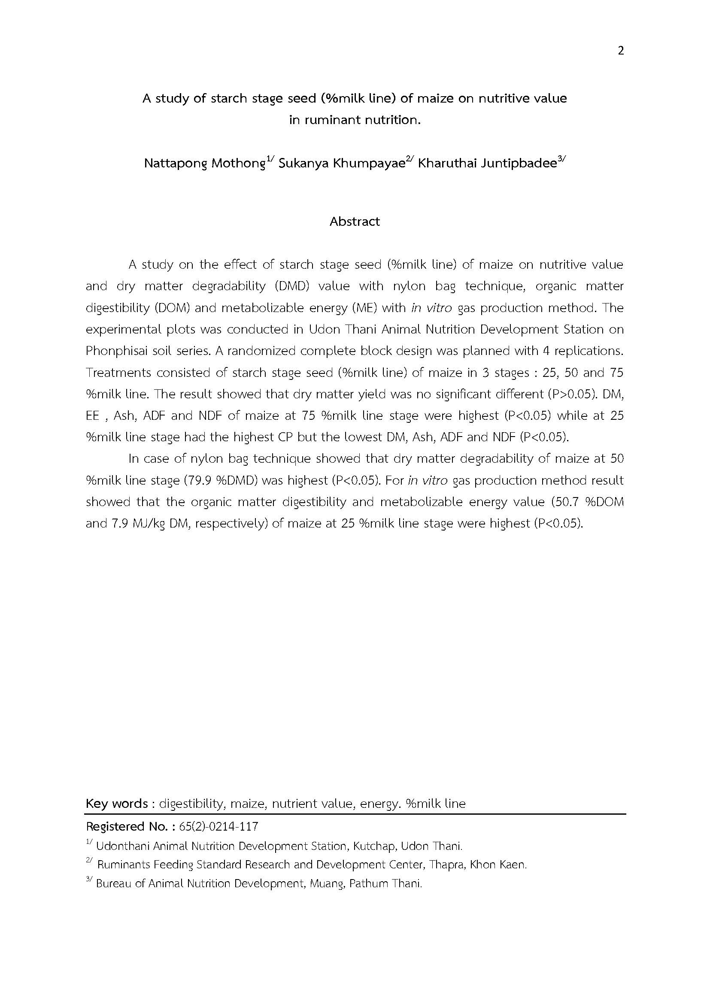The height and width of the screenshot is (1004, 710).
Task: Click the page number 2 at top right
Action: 621,51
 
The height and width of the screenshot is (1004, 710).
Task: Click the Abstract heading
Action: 355,221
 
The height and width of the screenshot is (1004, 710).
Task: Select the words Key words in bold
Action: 117,803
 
